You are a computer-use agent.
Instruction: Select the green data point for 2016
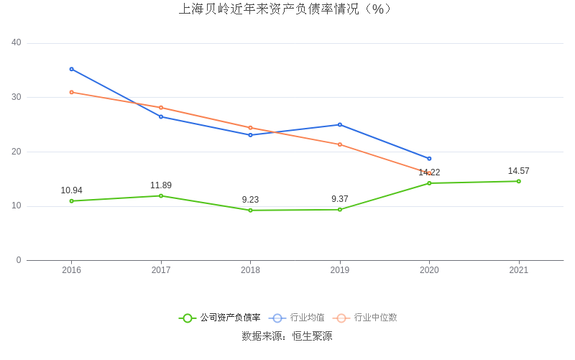tap(71, 201)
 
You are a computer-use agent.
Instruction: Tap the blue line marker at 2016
tap(71, 69)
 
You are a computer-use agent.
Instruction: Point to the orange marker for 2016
tap(71, 92)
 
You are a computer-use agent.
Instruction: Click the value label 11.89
tap(161, 185)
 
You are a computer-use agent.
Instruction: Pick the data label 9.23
tap(250, 200)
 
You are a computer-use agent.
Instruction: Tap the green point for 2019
tap(340, 210)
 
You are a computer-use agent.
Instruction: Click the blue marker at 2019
tap(340, 124)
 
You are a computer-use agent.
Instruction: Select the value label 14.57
tap(518, 171)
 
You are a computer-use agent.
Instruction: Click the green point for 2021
tap(518, 181)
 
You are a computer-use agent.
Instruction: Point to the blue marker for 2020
tap(429, 159)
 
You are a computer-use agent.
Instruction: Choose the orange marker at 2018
tap(250, 128)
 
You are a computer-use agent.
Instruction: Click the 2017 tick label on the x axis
tap(161, 270)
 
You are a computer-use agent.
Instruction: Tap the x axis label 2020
tap(429, 270)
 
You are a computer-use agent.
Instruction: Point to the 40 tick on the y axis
tap(17, 43)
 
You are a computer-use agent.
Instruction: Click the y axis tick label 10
tap(17, 206)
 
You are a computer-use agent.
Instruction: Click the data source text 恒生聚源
tap(312, 336)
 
